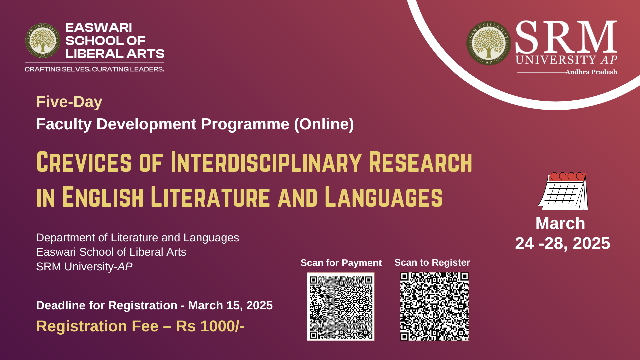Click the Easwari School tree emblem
(x=43, y=41)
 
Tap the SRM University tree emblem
(x=489, y=43)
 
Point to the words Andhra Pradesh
(x=591, y=72)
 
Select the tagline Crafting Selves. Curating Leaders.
(x=94, y=69)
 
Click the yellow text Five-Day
(x=69, y=102)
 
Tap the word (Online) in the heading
(x=324, y=124)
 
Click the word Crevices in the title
(x=84, y=162)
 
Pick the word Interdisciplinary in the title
(x=266, y=162)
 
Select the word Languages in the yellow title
(x=384, y=197)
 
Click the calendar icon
(x=563, y=191)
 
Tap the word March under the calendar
(x=560, y=223)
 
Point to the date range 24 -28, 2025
(x=563, y=244)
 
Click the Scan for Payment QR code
(x=341, y=307)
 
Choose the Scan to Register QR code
(x=434, y=307)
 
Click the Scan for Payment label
(x=341, y=263)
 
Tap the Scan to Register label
(x=432, y=263)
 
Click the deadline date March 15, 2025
(x=230, y=306)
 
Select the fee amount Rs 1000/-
(x=210, y=326)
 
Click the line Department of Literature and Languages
(x=137, y=238)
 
